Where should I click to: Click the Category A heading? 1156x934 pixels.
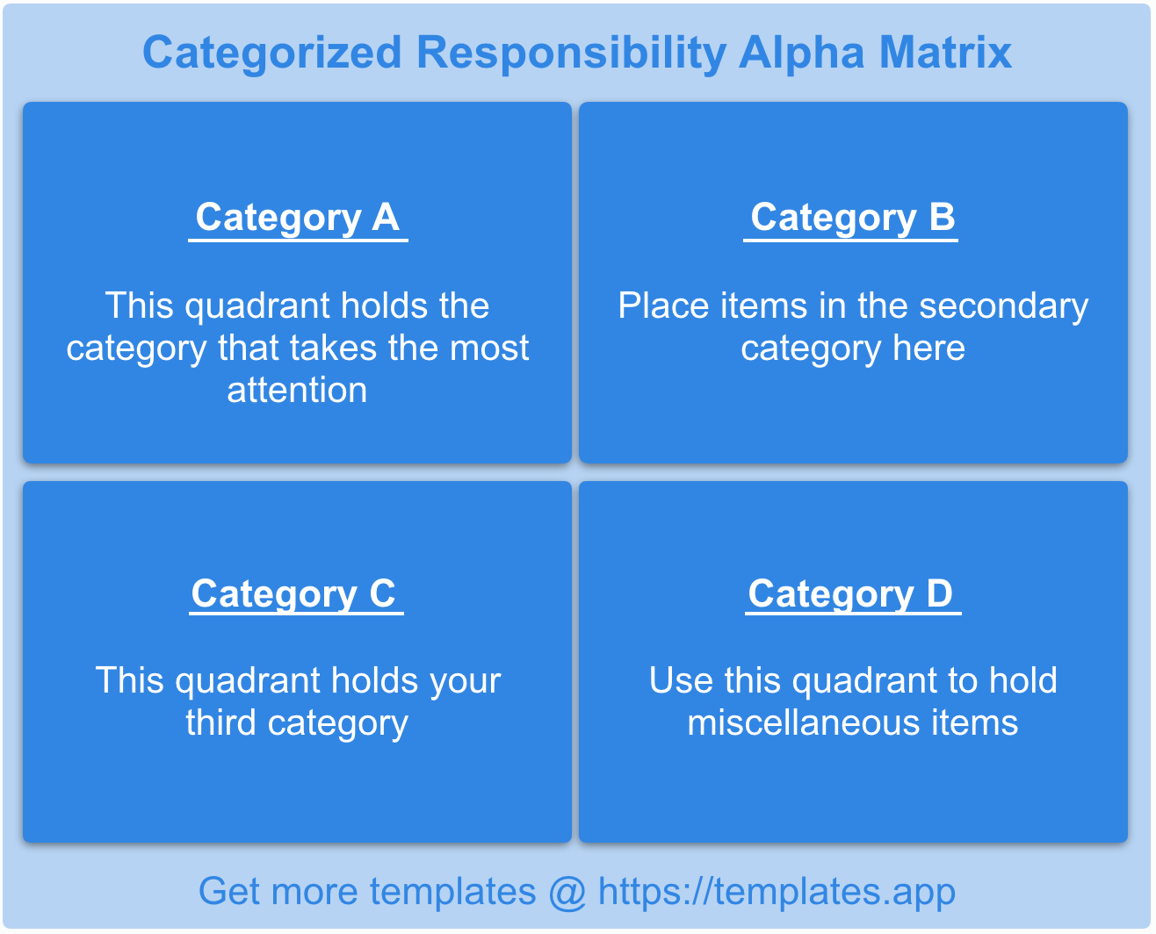[298, 218]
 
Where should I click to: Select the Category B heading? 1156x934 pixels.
[853, 218]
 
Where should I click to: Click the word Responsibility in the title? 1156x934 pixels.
[571, 54]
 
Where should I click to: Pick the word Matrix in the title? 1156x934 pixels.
[945, 53]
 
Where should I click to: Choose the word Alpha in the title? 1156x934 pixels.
[802, 54]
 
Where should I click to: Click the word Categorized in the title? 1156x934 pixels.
[272, 54]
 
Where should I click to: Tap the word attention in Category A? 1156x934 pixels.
[297, 390]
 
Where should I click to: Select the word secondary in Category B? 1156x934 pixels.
[1003, 307]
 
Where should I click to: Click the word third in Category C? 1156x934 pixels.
[220, 722]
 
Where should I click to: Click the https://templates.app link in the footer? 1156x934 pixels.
[777, 893]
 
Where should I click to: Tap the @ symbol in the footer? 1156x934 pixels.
[567, 893]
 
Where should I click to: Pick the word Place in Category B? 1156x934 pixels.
[664, 305]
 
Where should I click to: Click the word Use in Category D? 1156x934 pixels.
[681, 680]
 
